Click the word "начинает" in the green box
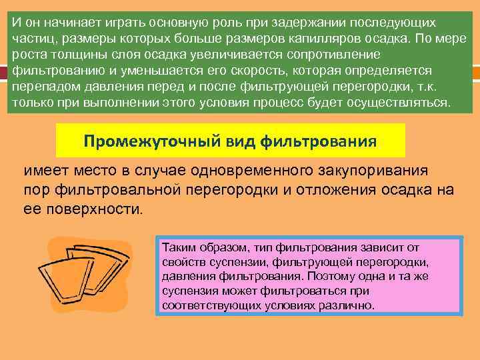tap(65, 23)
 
